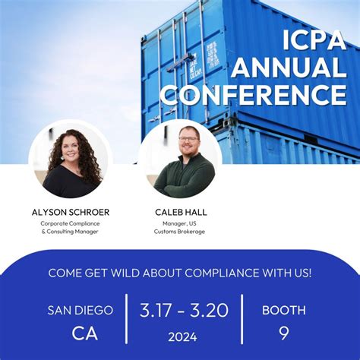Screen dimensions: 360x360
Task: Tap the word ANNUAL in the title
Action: pos(289,67)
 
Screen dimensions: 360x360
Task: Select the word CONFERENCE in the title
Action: pos(254,94)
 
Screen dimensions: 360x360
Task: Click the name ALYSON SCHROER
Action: pos(71,212)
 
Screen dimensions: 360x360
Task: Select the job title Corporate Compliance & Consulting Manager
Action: pos(71,228)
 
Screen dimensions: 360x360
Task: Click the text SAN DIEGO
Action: pos(81,310)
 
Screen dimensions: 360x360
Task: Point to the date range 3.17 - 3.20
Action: pos(183,310)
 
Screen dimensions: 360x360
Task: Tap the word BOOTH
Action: pos(283,310)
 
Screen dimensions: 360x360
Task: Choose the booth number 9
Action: pos(283,333)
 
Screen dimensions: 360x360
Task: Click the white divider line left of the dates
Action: pos(126,321)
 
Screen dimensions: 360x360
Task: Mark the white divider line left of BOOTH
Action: pos(242,321)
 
